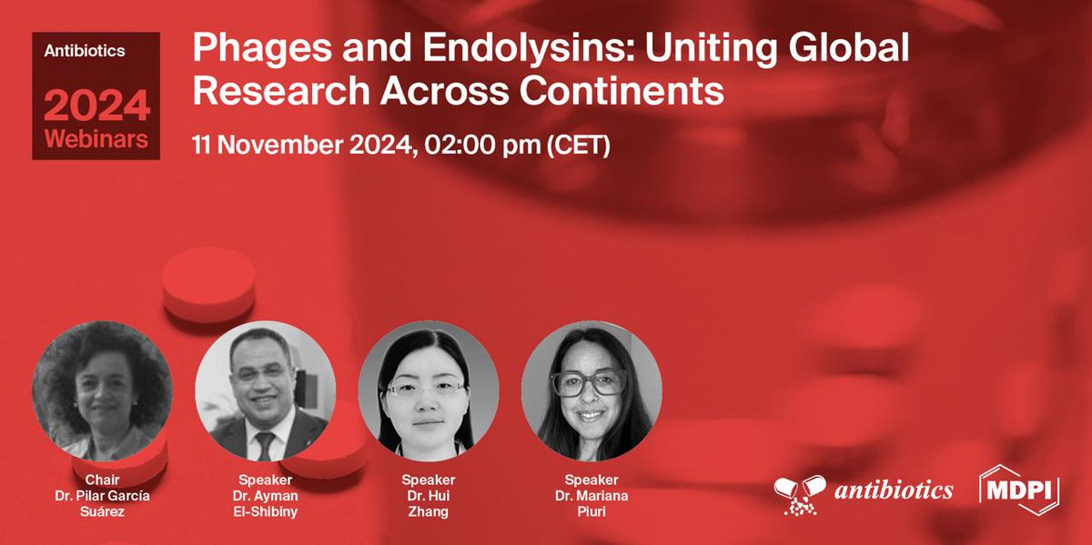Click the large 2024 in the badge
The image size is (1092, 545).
click(96, 107)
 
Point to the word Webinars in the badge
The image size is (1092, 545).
click(96, 141)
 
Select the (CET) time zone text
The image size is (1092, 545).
click(577, 146)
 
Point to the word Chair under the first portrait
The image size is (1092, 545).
click(102, 479)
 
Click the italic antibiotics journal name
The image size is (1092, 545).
click(894, 490)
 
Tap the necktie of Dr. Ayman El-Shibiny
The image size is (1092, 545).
click(264, 443)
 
